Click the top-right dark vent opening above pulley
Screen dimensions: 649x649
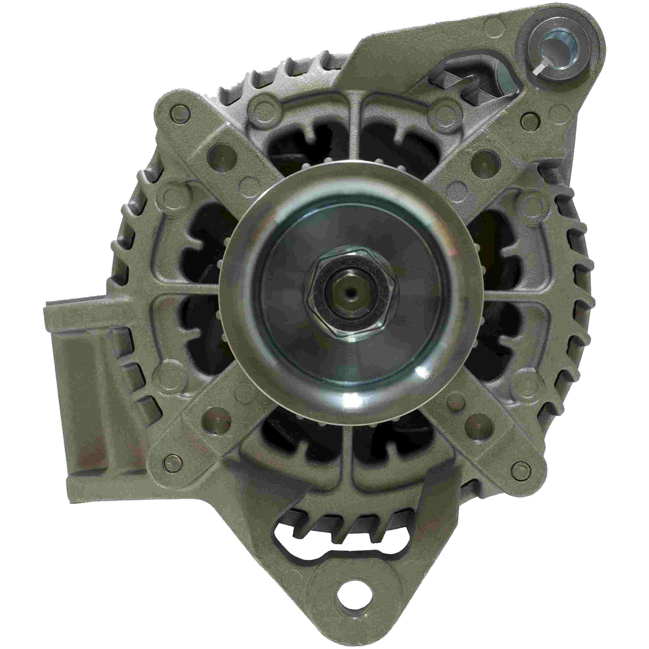(x=396, y=148)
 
